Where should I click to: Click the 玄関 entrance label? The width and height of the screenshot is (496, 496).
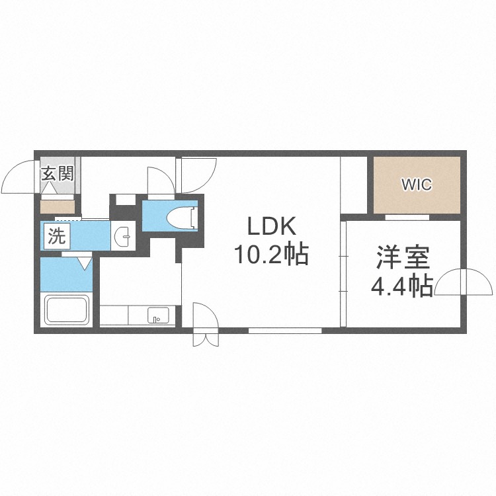tap(58, 174)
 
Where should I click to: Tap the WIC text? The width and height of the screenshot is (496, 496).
tap(417, 185)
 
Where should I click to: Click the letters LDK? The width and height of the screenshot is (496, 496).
tap(271, 226)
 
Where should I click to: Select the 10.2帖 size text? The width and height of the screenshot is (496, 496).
tap(270, 254)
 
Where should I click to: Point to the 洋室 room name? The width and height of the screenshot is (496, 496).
tap(403, 258)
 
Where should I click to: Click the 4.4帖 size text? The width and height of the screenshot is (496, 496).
tap(401, 286)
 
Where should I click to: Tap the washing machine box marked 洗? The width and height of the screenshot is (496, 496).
tap(57, 236)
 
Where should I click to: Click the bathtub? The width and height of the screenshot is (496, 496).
tap(66, 310)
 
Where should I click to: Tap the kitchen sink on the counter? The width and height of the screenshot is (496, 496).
tap(158, 315)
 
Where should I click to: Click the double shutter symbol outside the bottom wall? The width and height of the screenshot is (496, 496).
tap(206, 339)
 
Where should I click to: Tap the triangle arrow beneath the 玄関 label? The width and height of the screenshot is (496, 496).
tap(50, 188)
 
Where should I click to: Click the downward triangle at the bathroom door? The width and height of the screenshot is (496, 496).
tap(85, 263)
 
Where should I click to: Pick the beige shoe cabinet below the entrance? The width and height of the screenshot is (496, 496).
tap(58, 207)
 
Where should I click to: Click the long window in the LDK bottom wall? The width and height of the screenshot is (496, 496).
tap(285, 331)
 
